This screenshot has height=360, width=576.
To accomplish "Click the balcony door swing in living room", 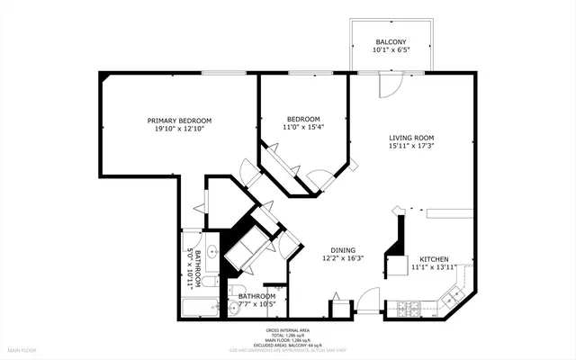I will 388,84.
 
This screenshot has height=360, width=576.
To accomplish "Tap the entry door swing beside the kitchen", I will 368,301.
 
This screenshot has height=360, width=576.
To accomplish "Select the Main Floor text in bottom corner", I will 21,349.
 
